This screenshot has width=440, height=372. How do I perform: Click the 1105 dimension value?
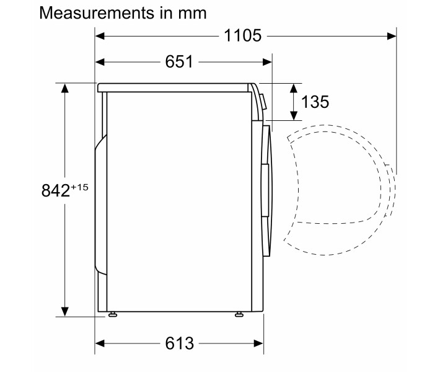pos(243,36)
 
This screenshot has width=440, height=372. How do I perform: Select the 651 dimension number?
pos(179,62)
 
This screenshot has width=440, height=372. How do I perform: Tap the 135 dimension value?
pos(315,102)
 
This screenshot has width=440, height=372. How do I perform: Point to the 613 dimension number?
pos(179,343)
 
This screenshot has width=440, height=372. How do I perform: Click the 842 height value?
pos(55,190)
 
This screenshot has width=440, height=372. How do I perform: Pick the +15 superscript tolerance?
pos(80,187)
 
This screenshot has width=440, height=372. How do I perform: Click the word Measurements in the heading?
pos(97,13)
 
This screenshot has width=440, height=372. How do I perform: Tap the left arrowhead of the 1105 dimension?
pos(100,36)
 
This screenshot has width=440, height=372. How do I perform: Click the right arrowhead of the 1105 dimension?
pos(392,36)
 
